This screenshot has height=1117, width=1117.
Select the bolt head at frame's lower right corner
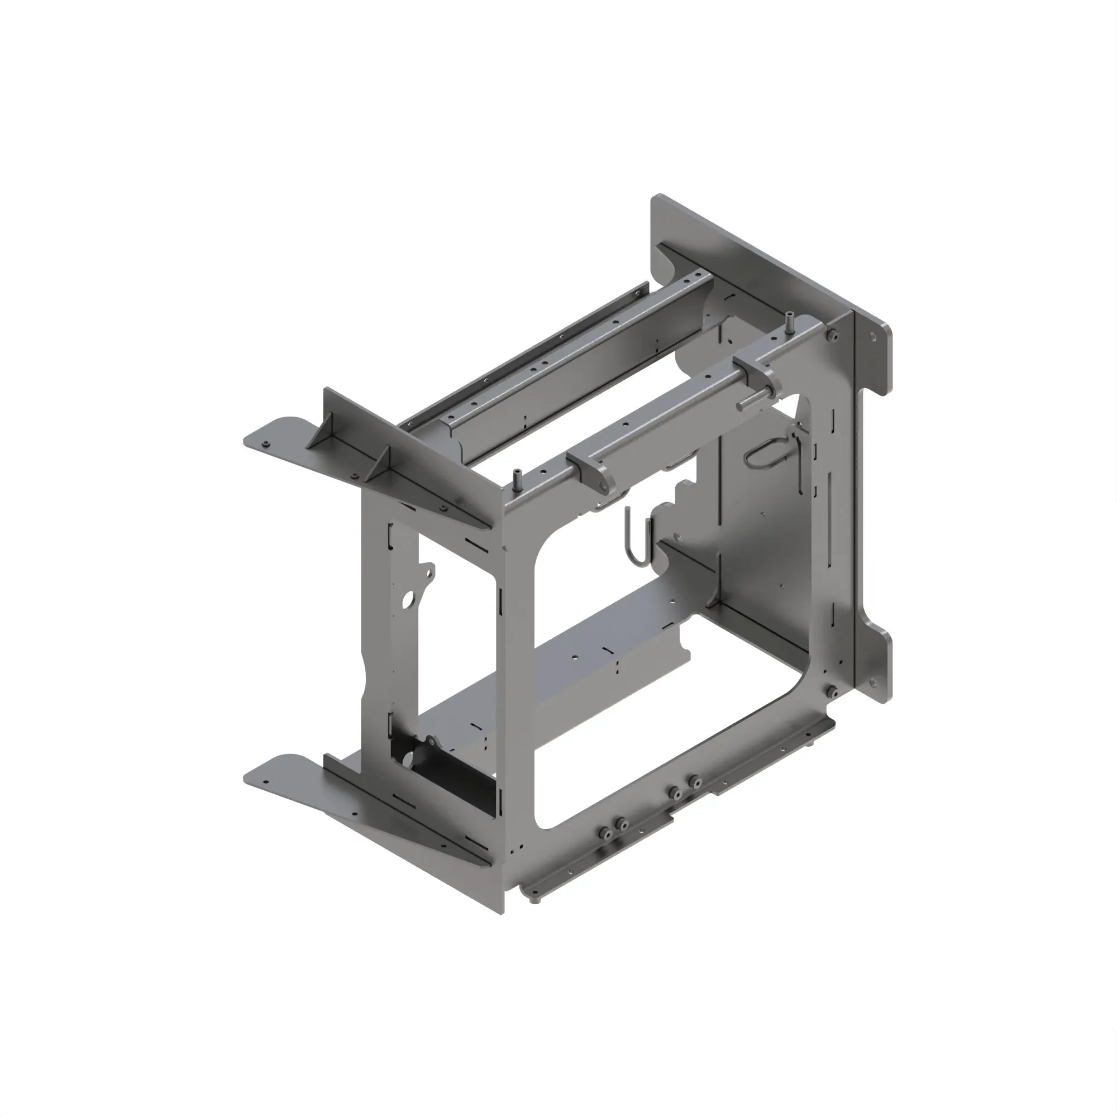833,691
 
